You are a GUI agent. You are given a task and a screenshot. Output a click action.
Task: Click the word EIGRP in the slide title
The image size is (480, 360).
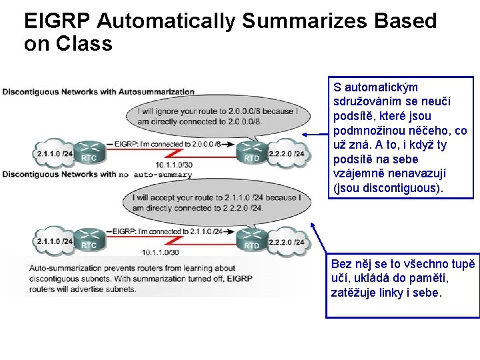[x=57, y=21]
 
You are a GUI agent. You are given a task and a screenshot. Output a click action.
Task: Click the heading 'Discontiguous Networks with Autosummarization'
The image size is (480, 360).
[x=99, y=92]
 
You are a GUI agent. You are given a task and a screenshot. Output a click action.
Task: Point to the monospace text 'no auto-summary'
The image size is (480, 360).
[x=155, y=175]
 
